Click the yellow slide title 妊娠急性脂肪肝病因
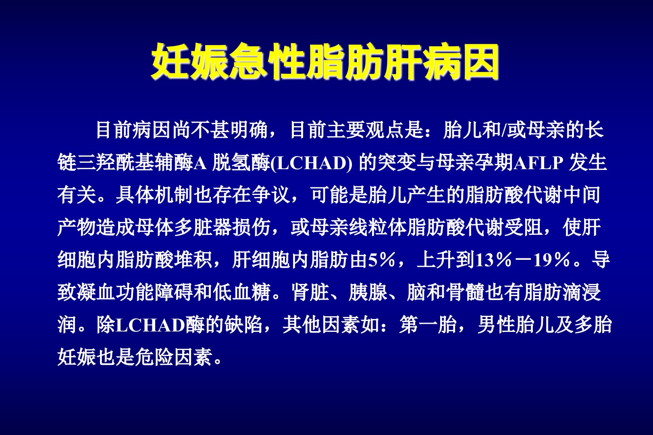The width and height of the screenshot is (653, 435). click(x=325, y=62)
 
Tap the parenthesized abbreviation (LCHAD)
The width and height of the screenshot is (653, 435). click(x=311, y=163)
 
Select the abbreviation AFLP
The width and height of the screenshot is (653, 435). click(x=539, y=163)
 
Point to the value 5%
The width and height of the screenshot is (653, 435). click(x=381, y=260)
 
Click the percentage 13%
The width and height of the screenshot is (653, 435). click(x=493, y=260)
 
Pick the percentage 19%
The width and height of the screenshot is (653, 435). click(x=551, y=260)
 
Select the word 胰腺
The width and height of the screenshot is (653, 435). click(x=368, y=292)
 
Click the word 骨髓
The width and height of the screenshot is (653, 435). click(x=465, y=292)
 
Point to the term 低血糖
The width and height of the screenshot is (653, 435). click(x=242, y=292)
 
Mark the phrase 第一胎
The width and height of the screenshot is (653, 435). click(x=428, y=325)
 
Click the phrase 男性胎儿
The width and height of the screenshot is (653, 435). click(x=516, y=325)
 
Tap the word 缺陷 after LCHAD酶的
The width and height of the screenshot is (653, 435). click(x=244, y=325)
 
